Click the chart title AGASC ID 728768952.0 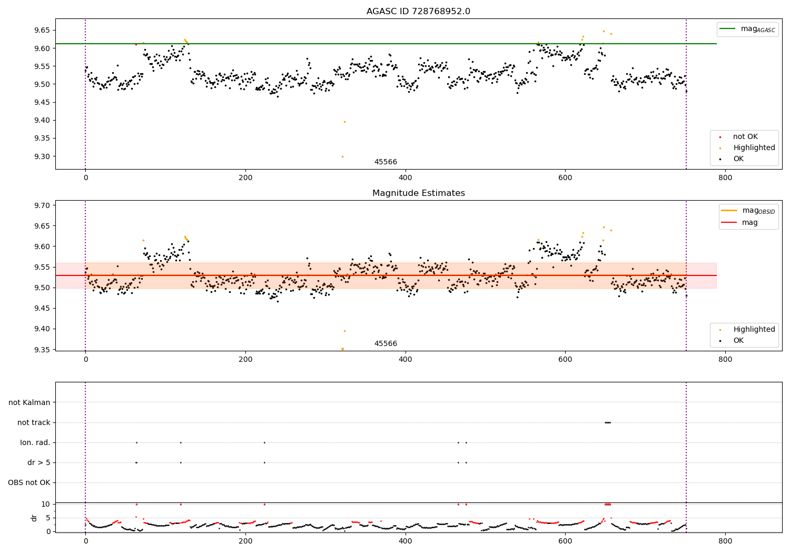pos(418,12)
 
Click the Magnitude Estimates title pos(418,193)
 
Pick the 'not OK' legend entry pos(745,137)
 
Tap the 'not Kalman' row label pos(29,402)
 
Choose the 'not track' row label pos(34,422)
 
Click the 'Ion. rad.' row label pos(35,442)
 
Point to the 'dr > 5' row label pos(38,462)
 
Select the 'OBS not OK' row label pos(29,482)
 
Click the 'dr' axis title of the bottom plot pos(34,518)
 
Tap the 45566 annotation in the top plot pos(386,162)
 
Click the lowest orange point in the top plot pos(342,156)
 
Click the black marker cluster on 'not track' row pos(608,422)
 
